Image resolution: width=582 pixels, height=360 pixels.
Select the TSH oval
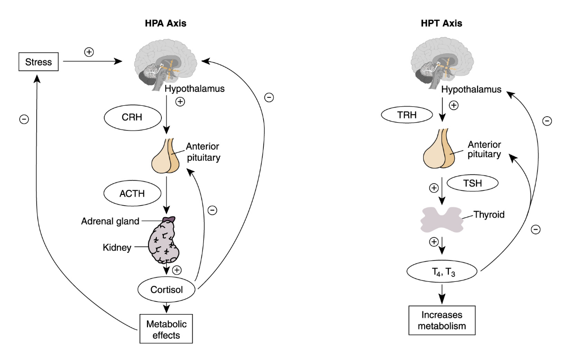pos(472,184)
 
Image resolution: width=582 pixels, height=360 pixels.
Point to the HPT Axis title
pos(441,23)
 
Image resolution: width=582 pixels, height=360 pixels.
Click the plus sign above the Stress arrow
pos(89,51)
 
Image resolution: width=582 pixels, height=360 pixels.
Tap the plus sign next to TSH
pos(434,188)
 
